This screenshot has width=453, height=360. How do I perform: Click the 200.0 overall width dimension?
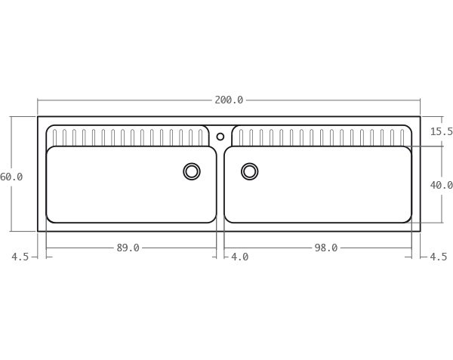229,100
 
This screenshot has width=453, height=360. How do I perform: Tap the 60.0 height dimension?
11,177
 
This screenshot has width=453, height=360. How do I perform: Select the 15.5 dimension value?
441,131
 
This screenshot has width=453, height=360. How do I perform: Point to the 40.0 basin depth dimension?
441,185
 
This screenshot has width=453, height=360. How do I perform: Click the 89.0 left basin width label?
128,248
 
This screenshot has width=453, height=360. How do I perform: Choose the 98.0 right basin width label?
326,248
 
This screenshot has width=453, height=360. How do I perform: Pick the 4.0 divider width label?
239,257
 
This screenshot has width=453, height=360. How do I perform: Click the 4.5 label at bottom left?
20,257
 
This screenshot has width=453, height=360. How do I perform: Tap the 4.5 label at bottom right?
438,257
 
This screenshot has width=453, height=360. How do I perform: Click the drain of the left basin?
192,171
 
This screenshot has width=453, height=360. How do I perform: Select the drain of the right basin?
249,171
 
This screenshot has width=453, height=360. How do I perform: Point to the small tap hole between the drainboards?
220,137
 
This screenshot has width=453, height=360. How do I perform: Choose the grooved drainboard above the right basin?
321,137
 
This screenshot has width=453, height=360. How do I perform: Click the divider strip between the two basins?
220,185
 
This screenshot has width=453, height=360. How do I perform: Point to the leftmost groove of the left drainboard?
54,137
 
